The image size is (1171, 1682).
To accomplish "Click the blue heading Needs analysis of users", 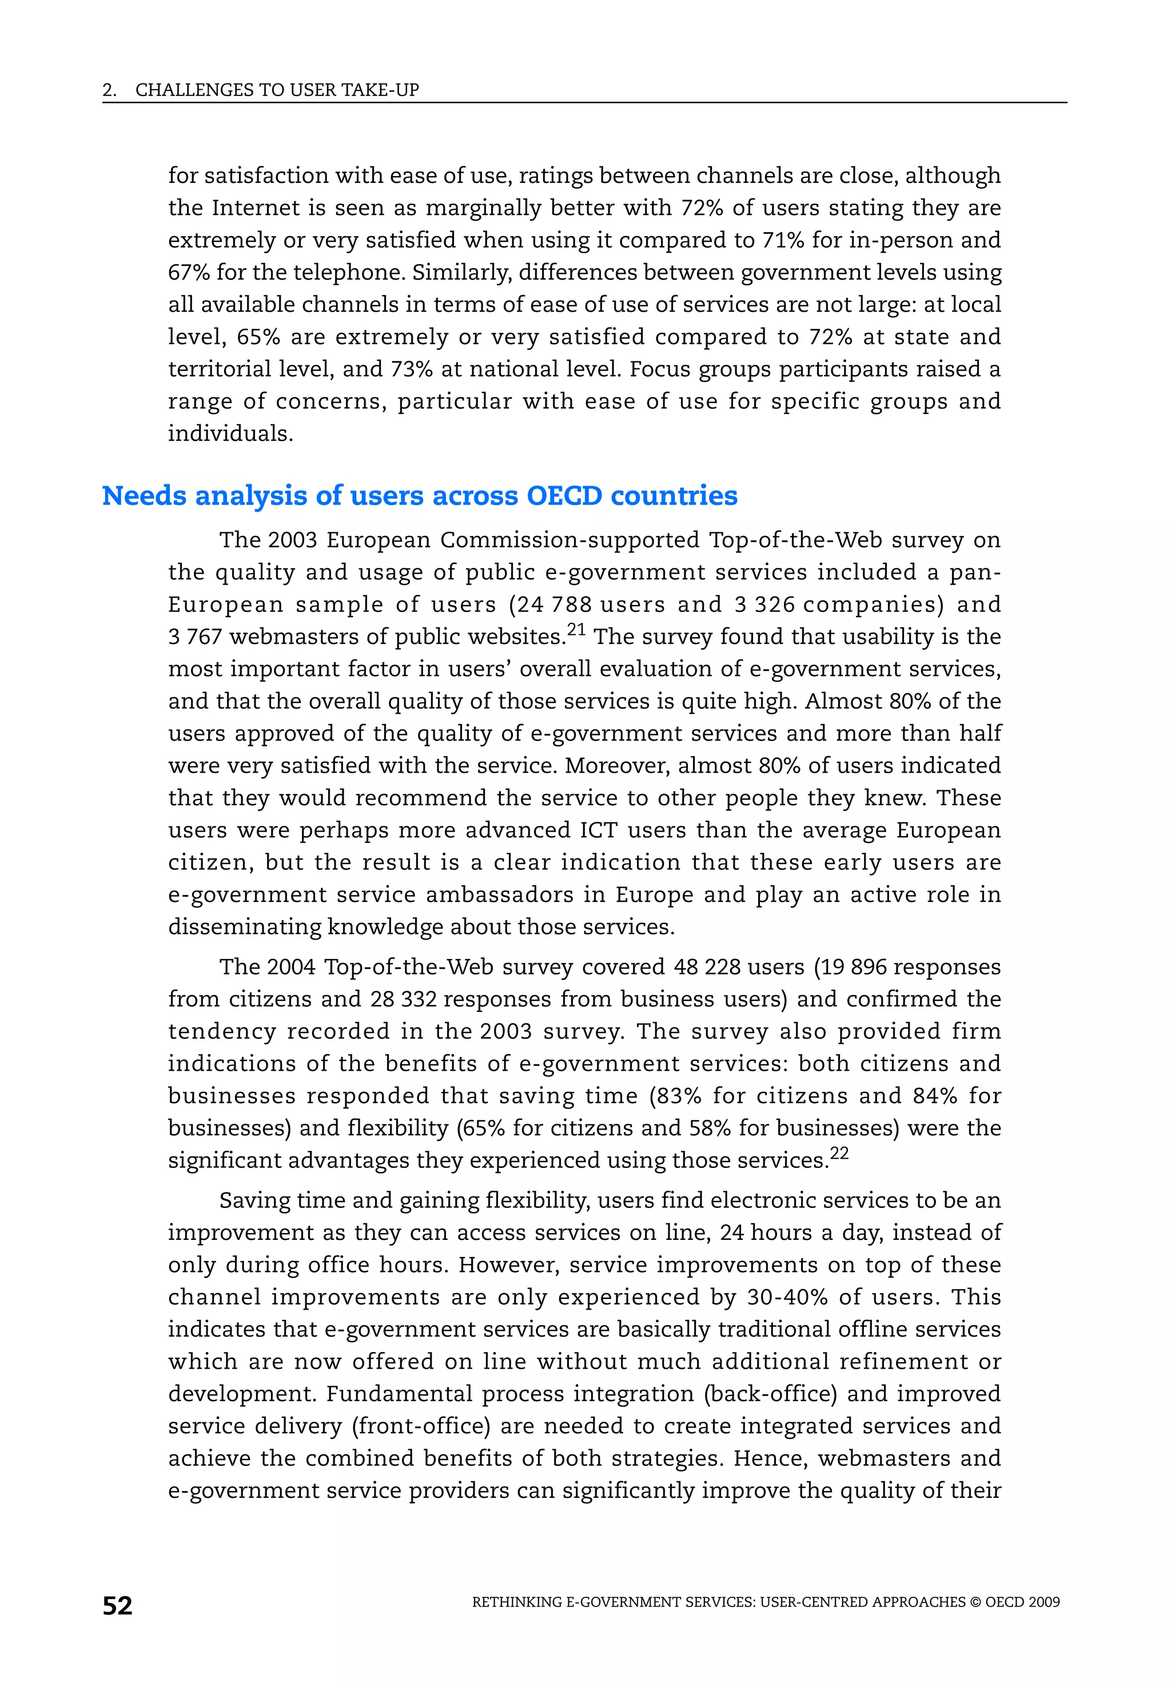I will (x=419, y=496).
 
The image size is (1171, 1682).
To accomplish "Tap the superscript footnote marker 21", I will (x=576, y=629).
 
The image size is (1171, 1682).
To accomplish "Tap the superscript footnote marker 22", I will (x=839, y=1152).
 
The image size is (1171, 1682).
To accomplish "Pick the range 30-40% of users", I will (x=787, y=1298).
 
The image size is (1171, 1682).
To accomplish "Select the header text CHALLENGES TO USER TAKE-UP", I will (x=277, y=90).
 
